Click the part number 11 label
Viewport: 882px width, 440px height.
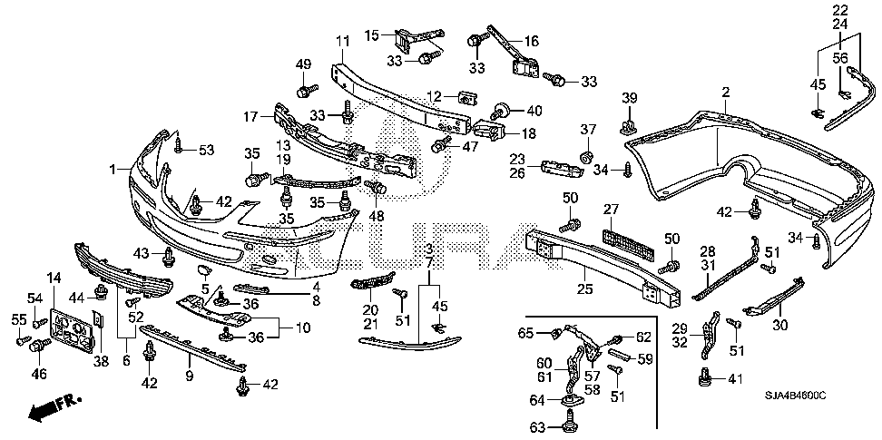coord(343,42)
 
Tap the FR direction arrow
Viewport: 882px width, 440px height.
coord(54,408)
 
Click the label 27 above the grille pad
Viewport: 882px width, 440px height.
coord(611,210)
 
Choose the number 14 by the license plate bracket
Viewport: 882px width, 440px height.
coord(54,278)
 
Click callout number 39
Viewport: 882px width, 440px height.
coord(630,98)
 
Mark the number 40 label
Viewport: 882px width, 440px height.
coord(534,111)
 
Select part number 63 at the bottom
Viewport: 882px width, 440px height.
coord(538,427)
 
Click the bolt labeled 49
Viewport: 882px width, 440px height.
coord(308,90)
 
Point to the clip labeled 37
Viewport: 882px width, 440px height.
coord(588,156)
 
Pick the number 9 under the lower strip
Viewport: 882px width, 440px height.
coord(190,376)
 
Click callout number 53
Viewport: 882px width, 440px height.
coord(207,150)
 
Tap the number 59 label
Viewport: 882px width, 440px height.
coord(645,359)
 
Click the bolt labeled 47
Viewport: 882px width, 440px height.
coord(440,144)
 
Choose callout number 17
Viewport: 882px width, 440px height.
coord(250,117)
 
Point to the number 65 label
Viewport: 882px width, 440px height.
coord(526,333)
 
